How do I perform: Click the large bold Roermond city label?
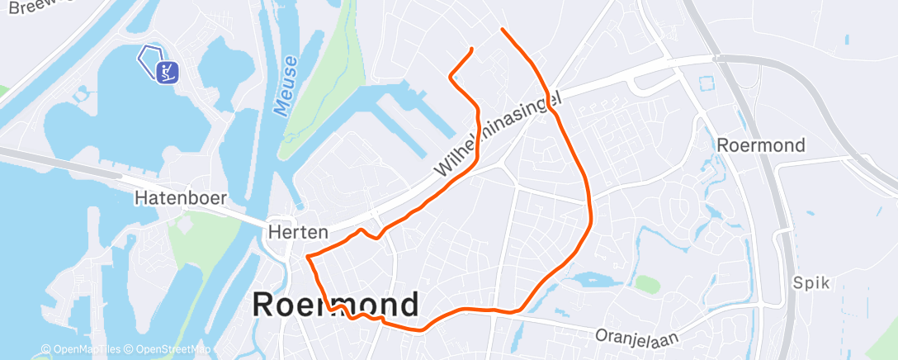[x=335, y=305]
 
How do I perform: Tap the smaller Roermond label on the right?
[x=761, y=145]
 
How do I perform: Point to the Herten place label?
[x=299, y=233]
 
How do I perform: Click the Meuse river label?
[x=286, y=87]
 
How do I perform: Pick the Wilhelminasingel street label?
[x=499, y=134]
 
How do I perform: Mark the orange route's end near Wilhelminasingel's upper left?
[x=471, y=50]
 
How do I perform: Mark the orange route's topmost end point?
[x=502, y=30]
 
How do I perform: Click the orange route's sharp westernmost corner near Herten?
[x=308, y=258]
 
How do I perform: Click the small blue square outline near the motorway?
[x=706, y=84]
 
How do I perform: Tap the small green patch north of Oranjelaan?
[x=647, y=284]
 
